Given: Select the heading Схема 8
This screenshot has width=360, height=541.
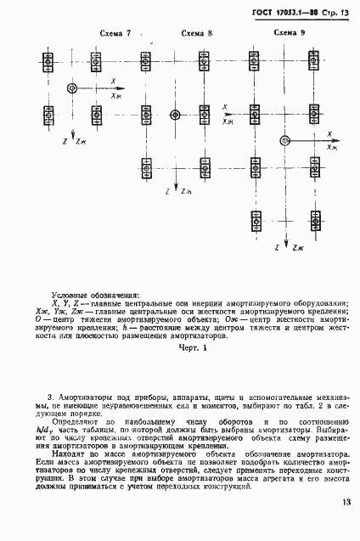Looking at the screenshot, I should click(x=197, y=33).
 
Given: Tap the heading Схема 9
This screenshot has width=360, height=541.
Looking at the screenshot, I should click(x=290, y=31).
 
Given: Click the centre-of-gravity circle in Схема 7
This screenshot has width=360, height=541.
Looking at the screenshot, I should click(x=72, y=87).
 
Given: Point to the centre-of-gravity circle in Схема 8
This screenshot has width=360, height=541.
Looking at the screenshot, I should click(x=175, y=114).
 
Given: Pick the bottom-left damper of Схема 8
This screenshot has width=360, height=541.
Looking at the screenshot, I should click(x=146, y=169).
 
